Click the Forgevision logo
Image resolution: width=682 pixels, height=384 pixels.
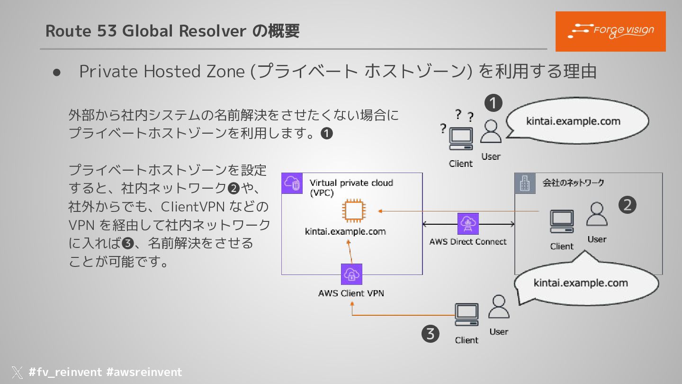point(610,31)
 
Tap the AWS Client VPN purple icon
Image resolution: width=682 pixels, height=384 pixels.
point(351,274)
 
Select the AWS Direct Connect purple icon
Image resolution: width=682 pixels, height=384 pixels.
point(468,224)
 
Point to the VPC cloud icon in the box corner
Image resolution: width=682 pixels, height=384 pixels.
point(292,183)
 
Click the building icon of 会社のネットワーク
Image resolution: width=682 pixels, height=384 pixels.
point(525,183)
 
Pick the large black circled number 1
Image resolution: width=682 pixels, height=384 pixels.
point(493,103)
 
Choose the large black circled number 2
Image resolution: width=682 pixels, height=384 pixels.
point(628,205)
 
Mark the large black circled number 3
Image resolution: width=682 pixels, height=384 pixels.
point(430,334)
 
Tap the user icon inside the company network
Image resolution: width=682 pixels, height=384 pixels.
point(597,214)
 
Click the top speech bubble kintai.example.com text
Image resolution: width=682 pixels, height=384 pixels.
point(573,121)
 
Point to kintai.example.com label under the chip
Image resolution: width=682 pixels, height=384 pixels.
point(345,232)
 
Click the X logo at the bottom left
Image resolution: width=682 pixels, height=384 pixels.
point(17,373)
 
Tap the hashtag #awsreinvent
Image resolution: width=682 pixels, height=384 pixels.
point(144,372)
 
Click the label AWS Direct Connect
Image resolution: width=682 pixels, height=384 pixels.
point(468,242)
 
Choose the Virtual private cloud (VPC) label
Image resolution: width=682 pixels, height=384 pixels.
point(351,188)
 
